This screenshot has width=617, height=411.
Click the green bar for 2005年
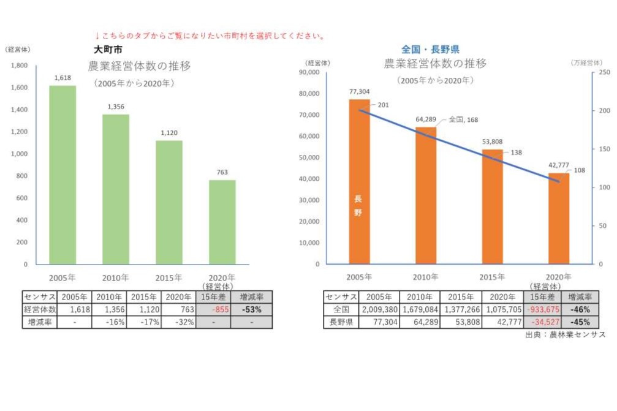(x=62, y=175)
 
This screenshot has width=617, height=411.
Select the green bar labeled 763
(x=222, y=222)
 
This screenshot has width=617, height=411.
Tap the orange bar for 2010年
(x=426, y=195)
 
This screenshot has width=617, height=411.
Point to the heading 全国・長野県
(x=431, y=50)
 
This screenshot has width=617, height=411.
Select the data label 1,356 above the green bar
(x=116, y=107)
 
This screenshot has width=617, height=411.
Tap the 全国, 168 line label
(x=463, y=119)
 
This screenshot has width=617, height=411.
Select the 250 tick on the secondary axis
(x=604, y=72)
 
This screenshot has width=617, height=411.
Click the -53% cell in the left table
(x=251, y=310)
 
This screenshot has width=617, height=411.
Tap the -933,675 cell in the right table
(x=540, y=310)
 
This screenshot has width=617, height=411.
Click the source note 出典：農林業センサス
(x=565, y=335)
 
